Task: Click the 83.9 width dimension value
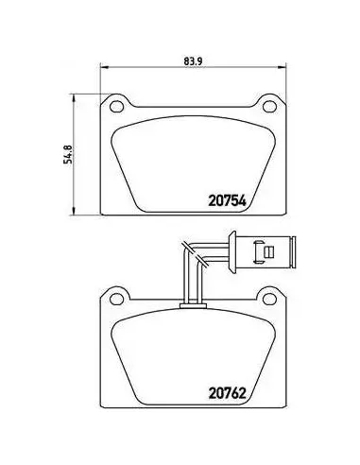193,61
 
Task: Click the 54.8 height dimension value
68,154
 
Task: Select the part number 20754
227,200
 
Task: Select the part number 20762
227,393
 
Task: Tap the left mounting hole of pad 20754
116,107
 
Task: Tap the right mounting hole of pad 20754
269,107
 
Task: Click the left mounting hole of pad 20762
116,299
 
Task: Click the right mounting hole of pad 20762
269,299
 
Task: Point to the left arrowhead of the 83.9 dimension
104,67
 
